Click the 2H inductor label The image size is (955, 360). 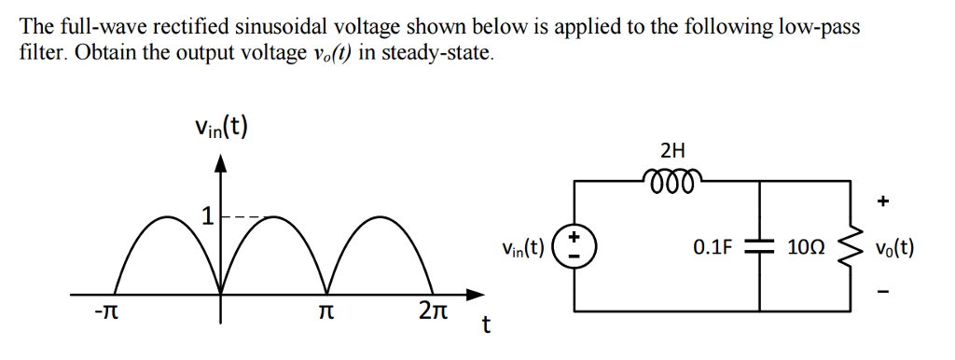tap(671, 150)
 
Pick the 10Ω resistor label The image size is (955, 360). tap(806, 248)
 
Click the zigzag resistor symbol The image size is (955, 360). tap(850, 247)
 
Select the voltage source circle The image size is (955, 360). tap(574, 247)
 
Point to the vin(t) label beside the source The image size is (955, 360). tap(522, 248)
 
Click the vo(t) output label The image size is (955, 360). tap(894, 248)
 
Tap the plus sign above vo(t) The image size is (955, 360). tap(884, 201)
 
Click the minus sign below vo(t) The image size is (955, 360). tap(884, 296)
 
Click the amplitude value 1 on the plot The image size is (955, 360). tap(207, 218)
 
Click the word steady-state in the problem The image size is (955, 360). tap(442, 51)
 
